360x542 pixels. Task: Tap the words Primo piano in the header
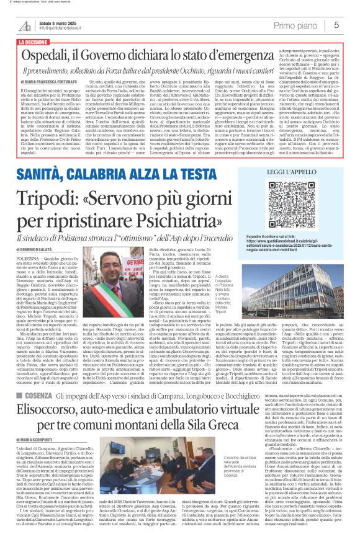click(x=295, y=25)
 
